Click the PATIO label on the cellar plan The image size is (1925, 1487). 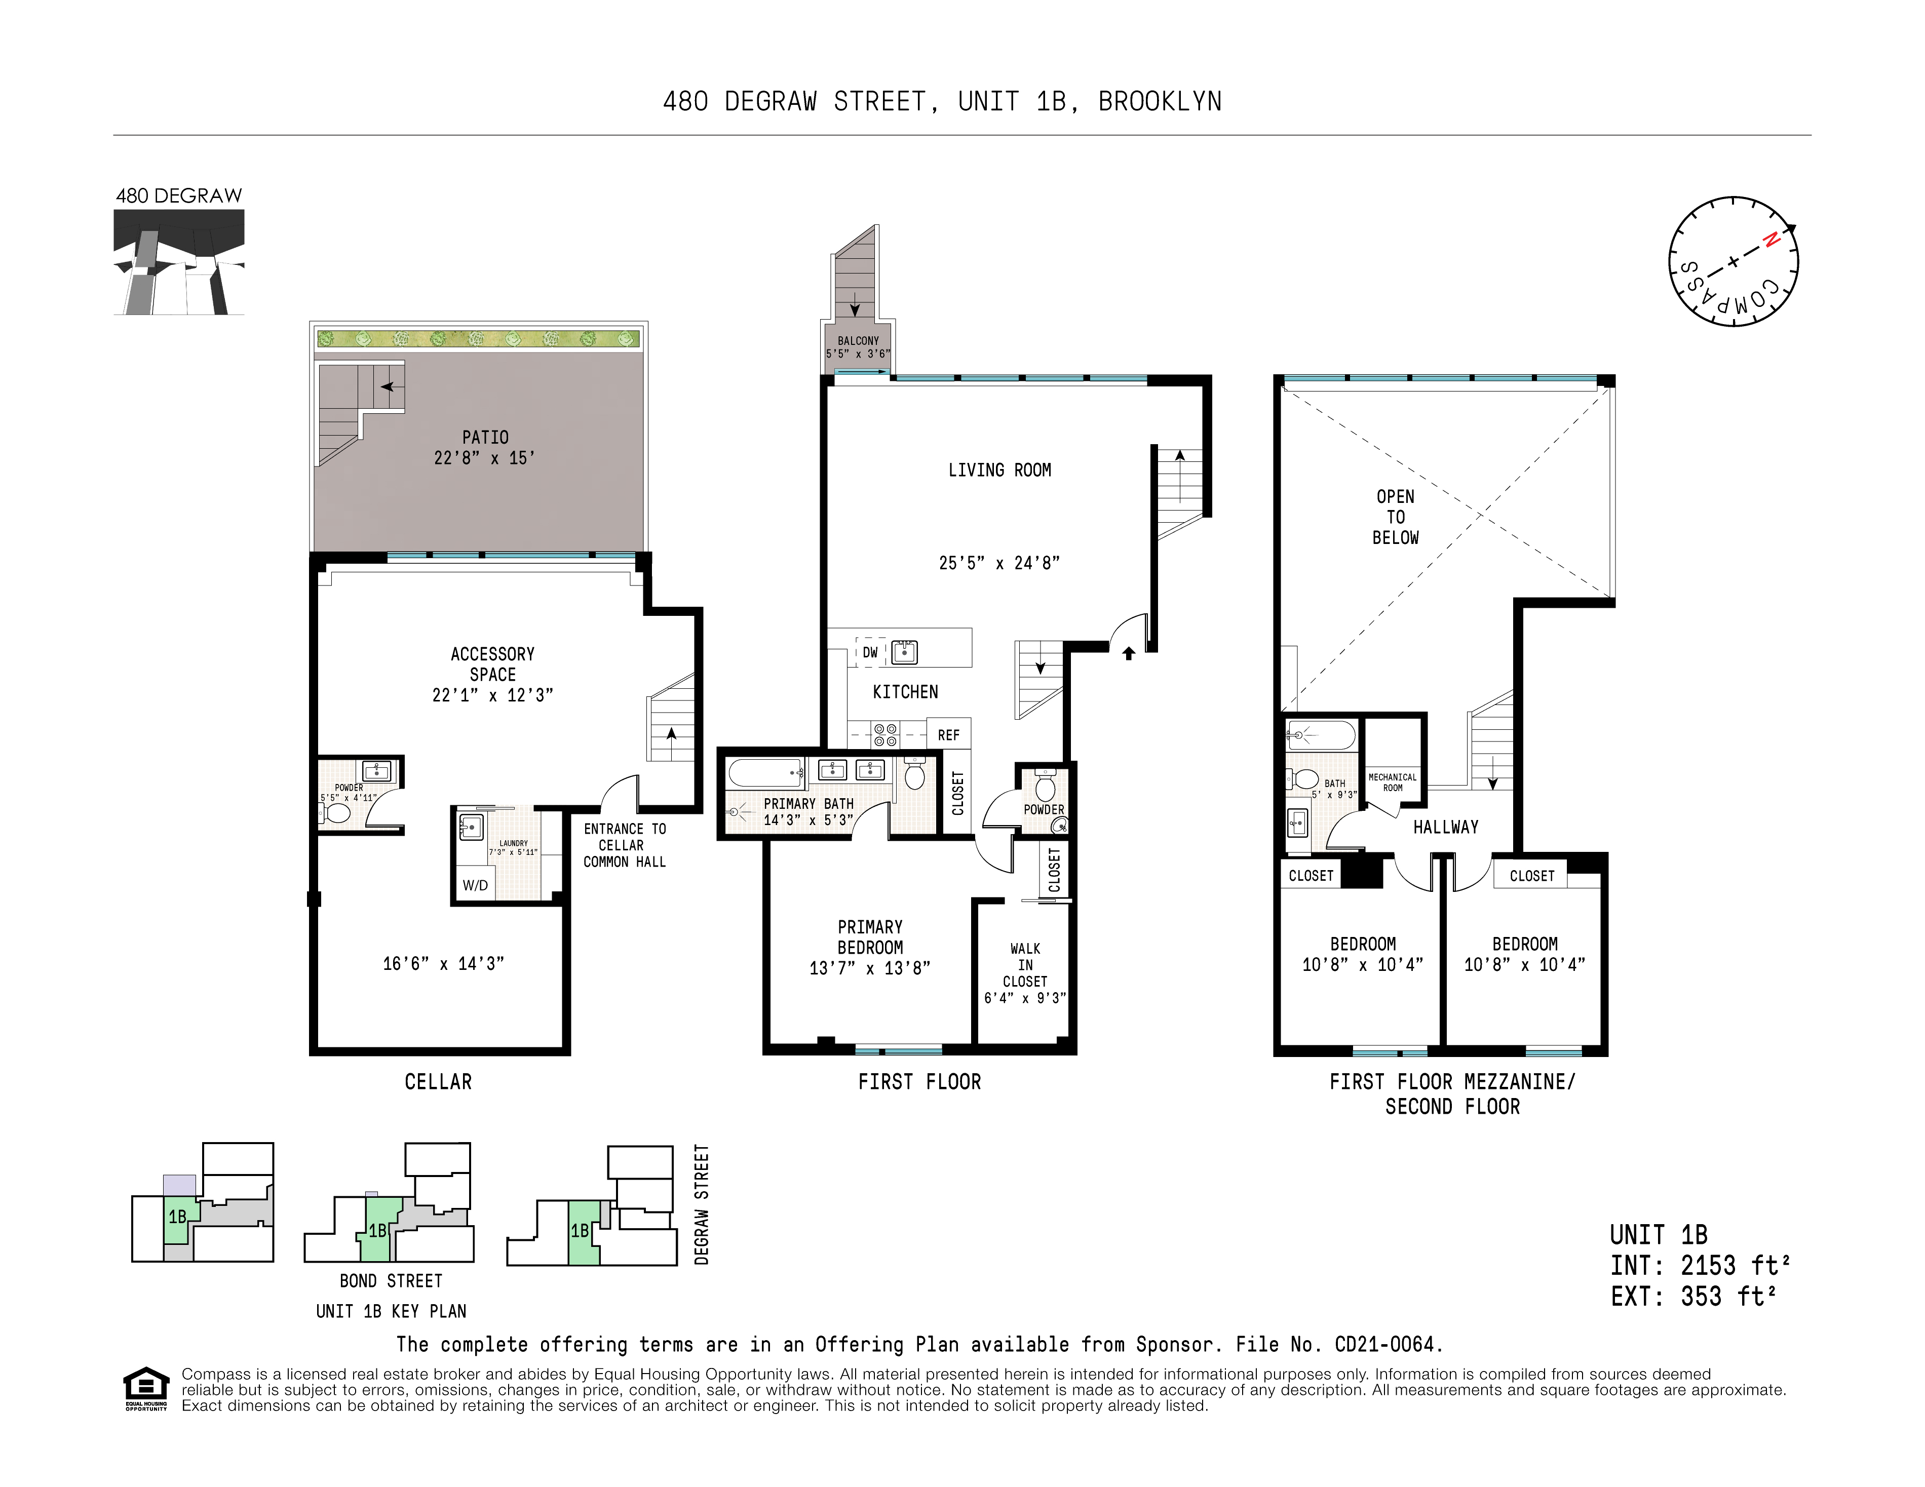(x=485, y=437)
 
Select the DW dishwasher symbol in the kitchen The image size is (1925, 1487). (x=870, y=652)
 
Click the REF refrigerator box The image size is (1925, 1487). (x=948, y=734)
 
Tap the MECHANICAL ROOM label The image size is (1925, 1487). (x=1392, y=782)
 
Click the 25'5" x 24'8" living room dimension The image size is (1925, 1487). (x=998, y=562)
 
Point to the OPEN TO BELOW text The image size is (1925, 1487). (x=1395, y=517)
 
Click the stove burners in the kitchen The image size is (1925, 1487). (x=885, y=735)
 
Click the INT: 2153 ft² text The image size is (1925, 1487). (x=1700, y=1266)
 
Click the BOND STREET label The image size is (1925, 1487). (x=391, y=1281)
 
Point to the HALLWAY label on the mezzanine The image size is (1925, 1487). (x=1445, y=827)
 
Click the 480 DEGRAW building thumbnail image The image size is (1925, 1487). (x=179, y=262)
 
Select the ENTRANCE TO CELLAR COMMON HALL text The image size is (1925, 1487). (x=624, y=845)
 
